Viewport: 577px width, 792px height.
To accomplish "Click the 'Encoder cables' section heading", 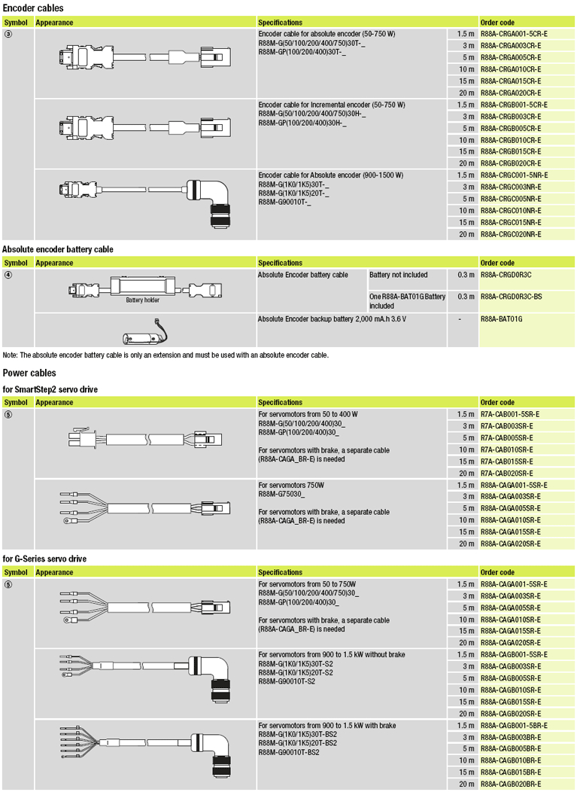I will click(x=33, y=8).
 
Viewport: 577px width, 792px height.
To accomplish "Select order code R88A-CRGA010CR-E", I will click(x=510, y=69).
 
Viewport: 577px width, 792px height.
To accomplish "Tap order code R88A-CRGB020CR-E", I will click(x=510, y=163).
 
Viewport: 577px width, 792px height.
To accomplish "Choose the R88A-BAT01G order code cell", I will click(x=501, y=319).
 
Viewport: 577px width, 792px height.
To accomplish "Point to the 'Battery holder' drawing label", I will click(x=142, y=300).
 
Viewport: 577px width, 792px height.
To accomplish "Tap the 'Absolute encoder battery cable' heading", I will click(x=58, y=248).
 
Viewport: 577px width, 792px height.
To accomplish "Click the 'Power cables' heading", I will click(x=29, y=373).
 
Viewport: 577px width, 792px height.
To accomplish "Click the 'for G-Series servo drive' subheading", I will click(x=44, y=559).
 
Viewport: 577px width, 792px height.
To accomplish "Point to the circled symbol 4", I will click(x=8, y=274).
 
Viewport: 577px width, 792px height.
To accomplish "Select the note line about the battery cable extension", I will click(x=166, y=355).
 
